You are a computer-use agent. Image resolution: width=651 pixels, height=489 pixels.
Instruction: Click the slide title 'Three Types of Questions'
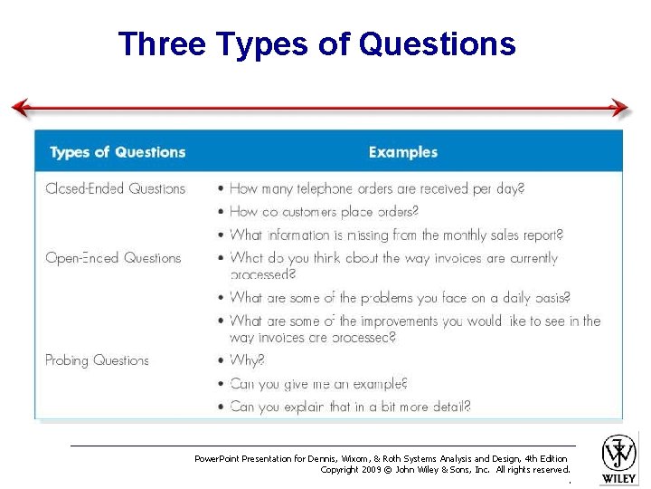pos(316,43)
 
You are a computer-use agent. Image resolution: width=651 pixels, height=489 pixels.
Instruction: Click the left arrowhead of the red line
pos(20,109)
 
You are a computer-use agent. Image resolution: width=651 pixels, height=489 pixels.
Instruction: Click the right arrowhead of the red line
pos(620,109)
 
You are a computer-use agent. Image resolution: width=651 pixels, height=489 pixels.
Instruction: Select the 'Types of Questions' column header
pos(118,152)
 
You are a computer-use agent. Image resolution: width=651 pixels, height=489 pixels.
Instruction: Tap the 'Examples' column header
pos(402,152)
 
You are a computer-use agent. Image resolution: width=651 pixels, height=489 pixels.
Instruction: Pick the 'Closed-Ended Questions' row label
pos(115,188)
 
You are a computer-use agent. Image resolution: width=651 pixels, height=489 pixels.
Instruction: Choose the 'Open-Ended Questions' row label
pos(113,258)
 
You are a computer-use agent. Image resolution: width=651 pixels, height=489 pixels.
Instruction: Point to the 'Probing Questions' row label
pos(97,360)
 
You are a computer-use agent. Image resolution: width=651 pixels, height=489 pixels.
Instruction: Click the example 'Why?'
pos(247,360)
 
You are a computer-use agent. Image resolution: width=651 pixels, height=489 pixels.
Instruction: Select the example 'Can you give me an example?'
pos(318,384)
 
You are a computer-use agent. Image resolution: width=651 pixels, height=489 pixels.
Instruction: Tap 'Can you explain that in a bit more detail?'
pos(350,407)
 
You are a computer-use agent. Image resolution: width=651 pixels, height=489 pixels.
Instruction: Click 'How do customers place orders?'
pos(324,212)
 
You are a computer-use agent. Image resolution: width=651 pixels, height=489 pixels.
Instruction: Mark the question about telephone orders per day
pos(376,188)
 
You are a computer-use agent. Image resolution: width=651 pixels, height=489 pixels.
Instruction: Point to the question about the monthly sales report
pos(396,235)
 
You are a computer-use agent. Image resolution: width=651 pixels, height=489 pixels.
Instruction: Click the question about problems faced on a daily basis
pos(400,297)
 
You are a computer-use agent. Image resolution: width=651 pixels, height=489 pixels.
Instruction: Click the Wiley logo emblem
pos(619,452)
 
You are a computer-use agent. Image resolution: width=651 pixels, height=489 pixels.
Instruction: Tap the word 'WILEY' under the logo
pos(619,477)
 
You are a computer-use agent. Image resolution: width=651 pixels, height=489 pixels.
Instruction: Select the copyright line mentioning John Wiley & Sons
pos(445,470)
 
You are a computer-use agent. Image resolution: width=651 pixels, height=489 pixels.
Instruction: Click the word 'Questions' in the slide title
pos(437,43)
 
